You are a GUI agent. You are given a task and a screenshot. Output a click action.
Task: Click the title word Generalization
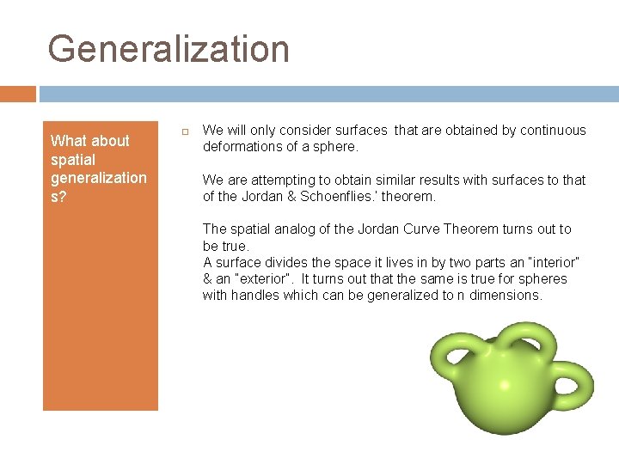pos(169,49)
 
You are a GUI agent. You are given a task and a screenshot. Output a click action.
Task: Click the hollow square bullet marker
pos(183,131)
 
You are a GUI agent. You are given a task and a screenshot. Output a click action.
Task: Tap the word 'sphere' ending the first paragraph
pos(335,147)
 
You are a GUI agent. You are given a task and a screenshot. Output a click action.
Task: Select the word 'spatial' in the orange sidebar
pos(73,160)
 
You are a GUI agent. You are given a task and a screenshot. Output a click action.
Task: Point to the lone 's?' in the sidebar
pos(59,197)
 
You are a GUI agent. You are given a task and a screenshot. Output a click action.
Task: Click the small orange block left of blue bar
pos(17,94)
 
